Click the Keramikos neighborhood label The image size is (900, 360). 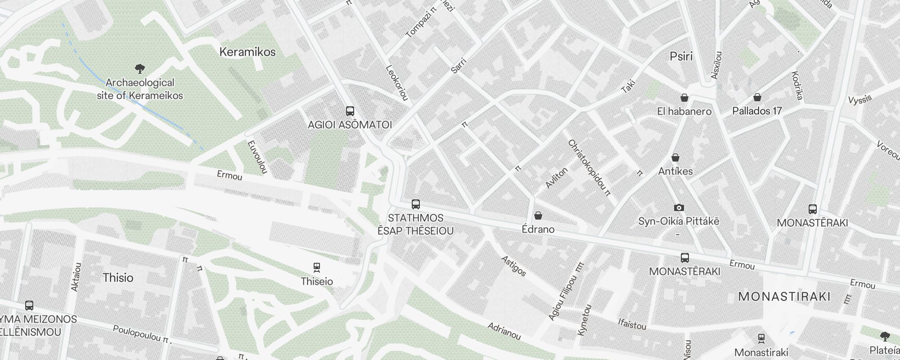point(247,52)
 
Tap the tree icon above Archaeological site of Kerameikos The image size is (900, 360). point(140,69)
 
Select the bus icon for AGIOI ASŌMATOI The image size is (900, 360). point(350,111)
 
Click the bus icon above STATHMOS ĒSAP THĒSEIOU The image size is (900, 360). point(416,204)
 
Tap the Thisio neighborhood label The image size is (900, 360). point(118,278)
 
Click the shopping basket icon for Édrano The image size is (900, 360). point(538,216)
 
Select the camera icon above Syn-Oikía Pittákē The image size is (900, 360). point(679,207)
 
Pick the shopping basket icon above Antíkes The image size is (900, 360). point(675,157)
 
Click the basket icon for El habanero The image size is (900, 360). point(684,98)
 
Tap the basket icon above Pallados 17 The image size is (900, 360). point(757,97)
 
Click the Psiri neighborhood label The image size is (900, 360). point(681,56)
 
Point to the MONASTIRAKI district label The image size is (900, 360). point(784,297)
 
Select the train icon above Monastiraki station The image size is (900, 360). point(761,338)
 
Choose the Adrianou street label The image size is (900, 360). point(504,331)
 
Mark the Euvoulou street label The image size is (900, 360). point(257,157)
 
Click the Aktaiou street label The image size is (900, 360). point(76,277)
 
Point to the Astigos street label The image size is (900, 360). point(513,265)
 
